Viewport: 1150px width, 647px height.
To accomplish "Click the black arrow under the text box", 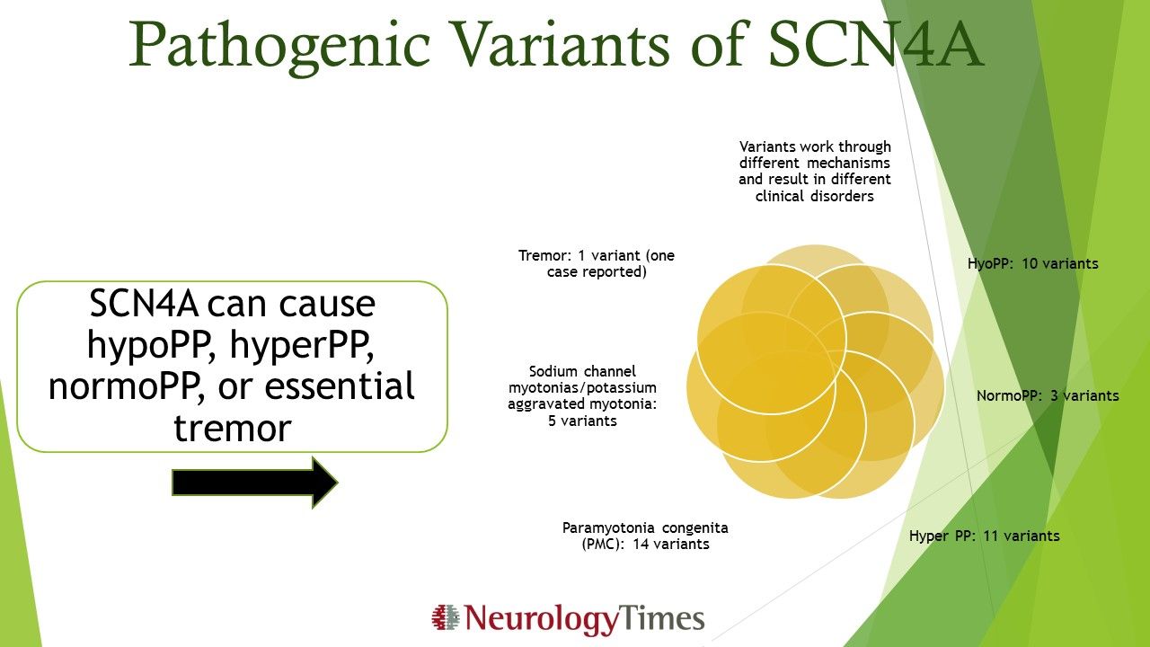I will (x=254, y=483).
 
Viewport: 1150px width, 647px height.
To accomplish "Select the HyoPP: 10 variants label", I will (x=1032, y=264).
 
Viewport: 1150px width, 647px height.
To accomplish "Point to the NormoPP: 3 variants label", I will (x=1048, y=395).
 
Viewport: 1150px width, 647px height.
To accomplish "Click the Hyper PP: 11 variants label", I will (x=984, y=536).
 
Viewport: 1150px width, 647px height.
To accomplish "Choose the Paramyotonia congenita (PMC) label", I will (x=645, y=536).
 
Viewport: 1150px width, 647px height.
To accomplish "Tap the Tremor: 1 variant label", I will (x=597, y=263).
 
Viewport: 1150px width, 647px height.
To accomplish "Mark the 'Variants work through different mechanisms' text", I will (x=815, y=171).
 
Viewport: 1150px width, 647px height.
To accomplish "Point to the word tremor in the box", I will (x=232, y=428).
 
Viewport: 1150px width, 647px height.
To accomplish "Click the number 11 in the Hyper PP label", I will (x=983, y=536).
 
